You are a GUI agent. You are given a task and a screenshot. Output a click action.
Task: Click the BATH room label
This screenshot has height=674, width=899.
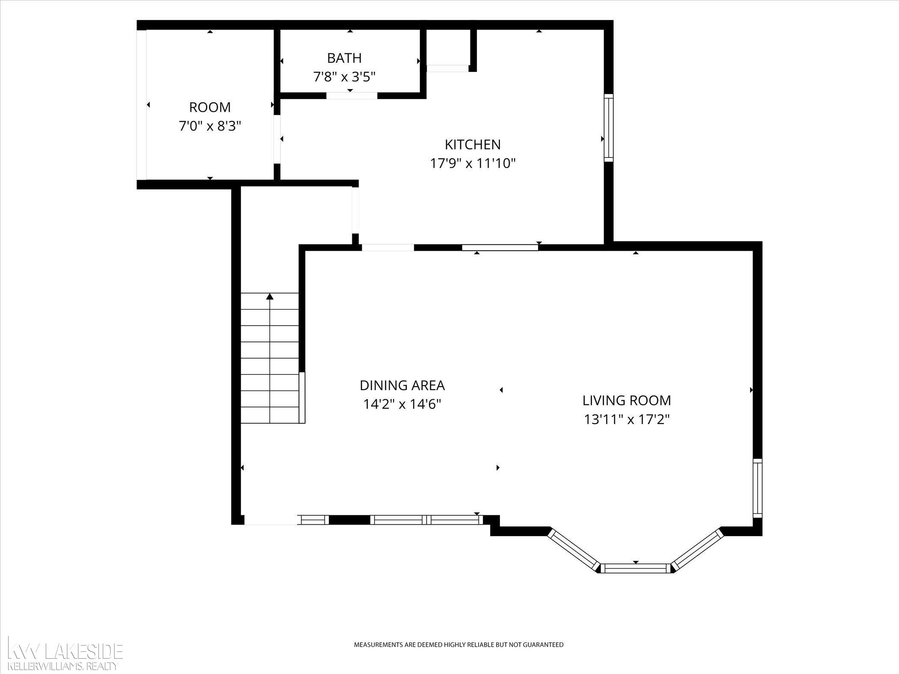[x=344, y=58]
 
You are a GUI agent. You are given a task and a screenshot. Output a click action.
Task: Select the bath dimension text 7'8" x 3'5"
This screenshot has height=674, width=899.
[x=344, y=77]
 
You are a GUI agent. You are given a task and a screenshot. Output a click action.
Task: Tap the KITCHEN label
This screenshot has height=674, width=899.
[x=473, y=145]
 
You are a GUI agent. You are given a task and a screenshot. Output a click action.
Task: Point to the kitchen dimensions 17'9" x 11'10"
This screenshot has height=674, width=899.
[x=473, y=163]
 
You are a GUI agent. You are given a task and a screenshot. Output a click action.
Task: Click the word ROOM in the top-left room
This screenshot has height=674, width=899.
[x=210, y=107]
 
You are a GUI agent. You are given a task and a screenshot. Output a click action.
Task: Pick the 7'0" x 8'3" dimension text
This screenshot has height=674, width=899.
[x=210, y=126]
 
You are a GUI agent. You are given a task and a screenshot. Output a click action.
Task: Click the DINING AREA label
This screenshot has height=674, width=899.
[x=402, y=386]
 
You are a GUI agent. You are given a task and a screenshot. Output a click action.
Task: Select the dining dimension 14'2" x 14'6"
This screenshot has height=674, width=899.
[x=402, y=404]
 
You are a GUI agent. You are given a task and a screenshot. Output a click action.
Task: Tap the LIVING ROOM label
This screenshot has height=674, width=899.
[x=627, y=401]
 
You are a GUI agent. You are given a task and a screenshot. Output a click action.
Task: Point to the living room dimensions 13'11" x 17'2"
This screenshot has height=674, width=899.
[x=627, y=419]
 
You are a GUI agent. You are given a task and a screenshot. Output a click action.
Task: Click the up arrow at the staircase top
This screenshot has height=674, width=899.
[x=270, y=296]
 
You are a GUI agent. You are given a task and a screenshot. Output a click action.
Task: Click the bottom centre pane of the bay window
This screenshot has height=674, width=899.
[x=636, y=568]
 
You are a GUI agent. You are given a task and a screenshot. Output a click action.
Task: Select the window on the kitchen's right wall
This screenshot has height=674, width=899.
[x=608, y=128]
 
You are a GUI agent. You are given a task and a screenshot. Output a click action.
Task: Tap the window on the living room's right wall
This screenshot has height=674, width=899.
[x=757, y=488]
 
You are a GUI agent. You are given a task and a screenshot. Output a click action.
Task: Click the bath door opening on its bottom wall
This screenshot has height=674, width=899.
[x=352, y=95]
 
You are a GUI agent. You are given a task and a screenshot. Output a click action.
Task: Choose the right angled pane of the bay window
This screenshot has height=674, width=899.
[x=697, y=550]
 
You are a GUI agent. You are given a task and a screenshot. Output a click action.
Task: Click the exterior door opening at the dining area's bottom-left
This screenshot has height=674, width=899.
[x=271, y=520]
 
